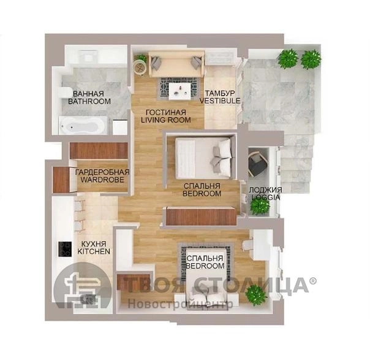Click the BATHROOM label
click(89, 101)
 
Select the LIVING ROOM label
click(166, 120)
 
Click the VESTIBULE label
click(220, 101)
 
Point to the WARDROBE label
click(102, 180)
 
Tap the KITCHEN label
click(94, 251)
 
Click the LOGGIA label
click(265, 197)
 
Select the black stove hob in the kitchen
click(65, 249)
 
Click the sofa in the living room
click(176, 64)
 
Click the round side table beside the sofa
click(140, 67)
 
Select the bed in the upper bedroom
click(203, 158)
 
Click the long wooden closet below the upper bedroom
click(201, 216)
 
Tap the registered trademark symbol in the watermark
click(312, 281)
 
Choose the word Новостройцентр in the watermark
click(180, 304)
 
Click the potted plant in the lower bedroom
click(256, 295)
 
